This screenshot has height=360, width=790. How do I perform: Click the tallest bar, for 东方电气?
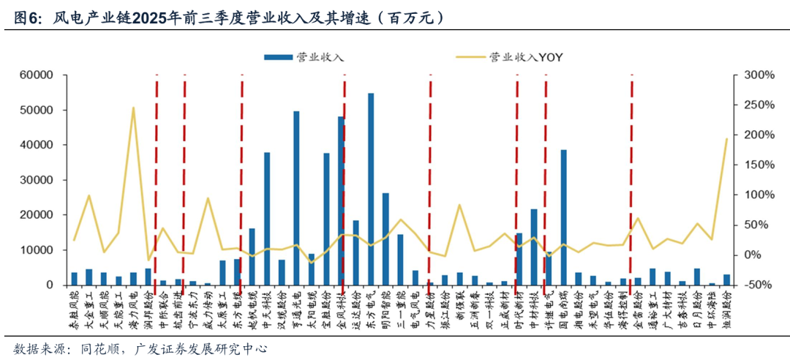pyautogui.click(x=371, y=189)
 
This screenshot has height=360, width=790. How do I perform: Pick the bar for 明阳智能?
pyautogui.click(x=385, y=239)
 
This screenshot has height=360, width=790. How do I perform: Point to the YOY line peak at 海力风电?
pyautogui.click(x=133, y=108)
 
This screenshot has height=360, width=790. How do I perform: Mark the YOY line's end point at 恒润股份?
pyautogui.click(x=726, y=138)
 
